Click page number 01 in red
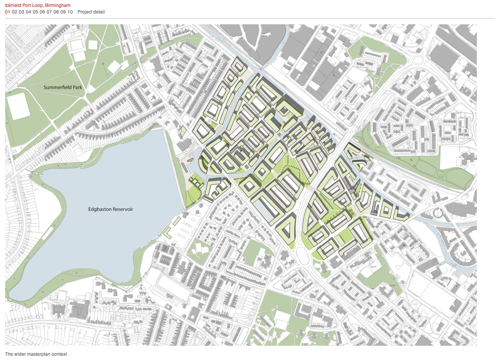pyautogui.click(x=7, y=12)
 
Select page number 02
pyautogui.click(x=14, y=12)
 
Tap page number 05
pyautogui.click(x=35, y=12)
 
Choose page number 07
pyautogui.click(x=49, y=12)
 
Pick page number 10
pyautogui.click(x=70, y=12)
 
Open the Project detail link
pyautogui.click(x=91, y=12)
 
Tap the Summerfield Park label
pyautogui.click(x=63, y=88)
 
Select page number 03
pyautogui.click(x=21, y=12)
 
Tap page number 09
pyautogui.click(x=63, y=12)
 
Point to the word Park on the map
pyautogui.click(x=77, y=88)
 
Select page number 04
pyautogui.click(x=29, y=12)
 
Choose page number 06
pyautogui.click(x=42, y=12)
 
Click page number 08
pyautogui.click(x=56, y=12)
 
